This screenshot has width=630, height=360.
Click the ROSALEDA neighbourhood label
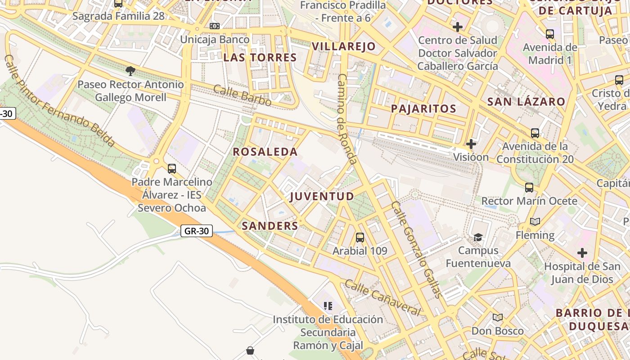[x=265, y=152]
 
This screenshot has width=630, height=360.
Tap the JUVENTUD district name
[x=322, y=197]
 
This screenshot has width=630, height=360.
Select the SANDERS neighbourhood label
[x=270, y=226]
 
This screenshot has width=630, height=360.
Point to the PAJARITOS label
[x=423, y=108]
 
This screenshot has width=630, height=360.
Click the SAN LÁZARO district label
[x=526, y=102]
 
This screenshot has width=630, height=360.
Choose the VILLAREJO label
[x=343, y=46]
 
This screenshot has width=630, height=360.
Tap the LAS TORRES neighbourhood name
[x=260, y=58]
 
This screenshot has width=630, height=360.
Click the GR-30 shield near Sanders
[x=197, y=231]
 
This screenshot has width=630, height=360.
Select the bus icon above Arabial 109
[x=360, y=238]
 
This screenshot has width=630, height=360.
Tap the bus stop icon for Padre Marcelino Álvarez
[x=171, y=169]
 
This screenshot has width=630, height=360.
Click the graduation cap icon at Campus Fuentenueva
[x=478, y=237]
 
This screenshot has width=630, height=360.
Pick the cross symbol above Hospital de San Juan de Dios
[x=582, y=253]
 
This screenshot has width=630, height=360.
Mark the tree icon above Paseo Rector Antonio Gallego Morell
[x=130, y=71]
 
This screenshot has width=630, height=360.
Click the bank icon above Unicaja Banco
[x=215, y=26]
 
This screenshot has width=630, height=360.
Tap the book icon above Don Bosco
[x=497, y=318]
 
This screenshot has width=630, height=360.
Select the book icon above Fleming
[x=535, y=222]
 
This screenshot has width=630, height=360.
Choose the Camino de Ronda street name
[x=347, y=119]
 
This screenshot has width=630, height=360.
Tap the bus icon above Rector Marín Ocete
[x=529, y=188]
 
